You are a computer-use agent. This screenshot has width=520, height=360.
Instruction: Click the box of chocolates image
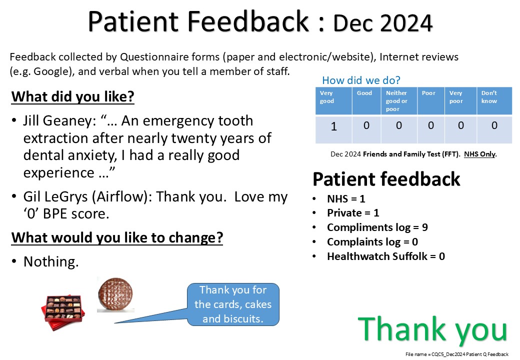pyautogui.click(x=63, y=312)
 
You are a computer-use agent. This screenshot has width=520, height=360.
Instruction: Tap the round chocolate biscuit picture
pyautogui.click(x=115, y=294)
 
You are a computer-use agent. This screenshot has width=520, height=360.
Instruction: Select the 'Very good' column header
pyautogui.click(x=326, y=97)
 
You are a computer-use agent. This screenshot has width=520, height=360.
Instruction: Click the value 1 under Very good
pyautogui.click(x=333, y=126)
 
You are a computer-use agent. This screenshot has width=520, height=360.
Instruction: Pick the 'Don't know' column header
pyautogui.click(x=489, y=97)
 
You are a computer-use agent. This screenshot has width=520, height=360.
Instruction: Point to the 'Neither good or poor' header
pyautogui.click(x=396, y=101)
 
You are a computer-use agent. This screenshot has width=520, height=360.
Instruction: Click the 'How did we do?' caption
pyautogui.click(x=361, y=80)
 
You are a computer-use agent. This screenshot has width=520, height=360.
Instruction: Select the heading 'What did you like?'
pyautogui.click(x=72, y=97)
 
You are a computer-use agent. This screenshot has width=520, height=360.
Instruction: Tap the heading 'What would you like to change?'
pyautogui.click(x=117, y=237)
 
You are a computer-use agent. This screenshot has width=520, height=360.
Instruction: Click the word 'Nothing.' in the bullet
pyautogui.click(x=51, y=261)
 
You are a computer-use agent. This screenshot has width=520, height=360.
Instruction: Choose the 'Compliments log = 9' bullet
pyautogui.click(x=377, y=227)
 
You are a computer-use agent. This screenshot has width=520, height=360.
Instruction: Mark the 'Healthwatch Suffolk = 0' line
pyautogui.click(x=386, y=256)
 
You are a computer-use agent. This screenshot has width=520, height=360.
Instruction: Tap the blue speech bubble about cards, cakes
pyautogui.click(x=233, y=304)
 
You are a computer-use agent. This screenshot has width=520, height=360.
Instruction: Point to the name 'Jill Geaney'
pyautogui.click(x=59, y=121)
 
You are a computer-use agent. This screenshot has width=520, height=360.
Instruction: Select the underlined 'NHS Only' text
pyautogui.click(x=480, y=154)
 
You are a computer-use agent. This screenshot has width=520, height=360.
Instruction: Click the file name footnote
pyautogui.click(x=456, y=354)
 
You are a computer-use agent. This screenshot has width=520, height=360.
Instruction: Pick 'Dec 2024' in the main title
pyautogui.click(x=382, y=23)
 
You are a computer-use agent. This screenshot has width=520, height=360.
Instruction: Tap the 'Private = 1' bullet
pyautogui.click(x=353, y=213)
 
